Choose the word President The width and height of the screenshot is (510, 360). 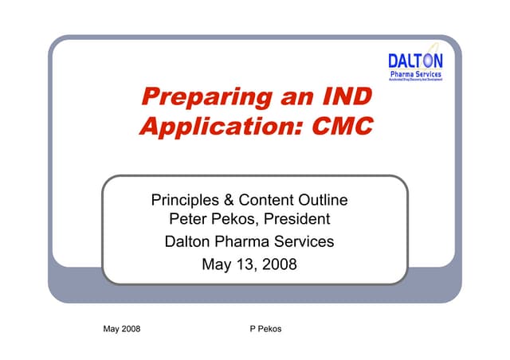point(300,220)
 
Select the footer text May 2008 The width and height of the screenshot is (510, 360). point(122,329)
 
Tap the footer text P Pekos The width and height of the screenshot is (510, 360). point(265,329)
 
